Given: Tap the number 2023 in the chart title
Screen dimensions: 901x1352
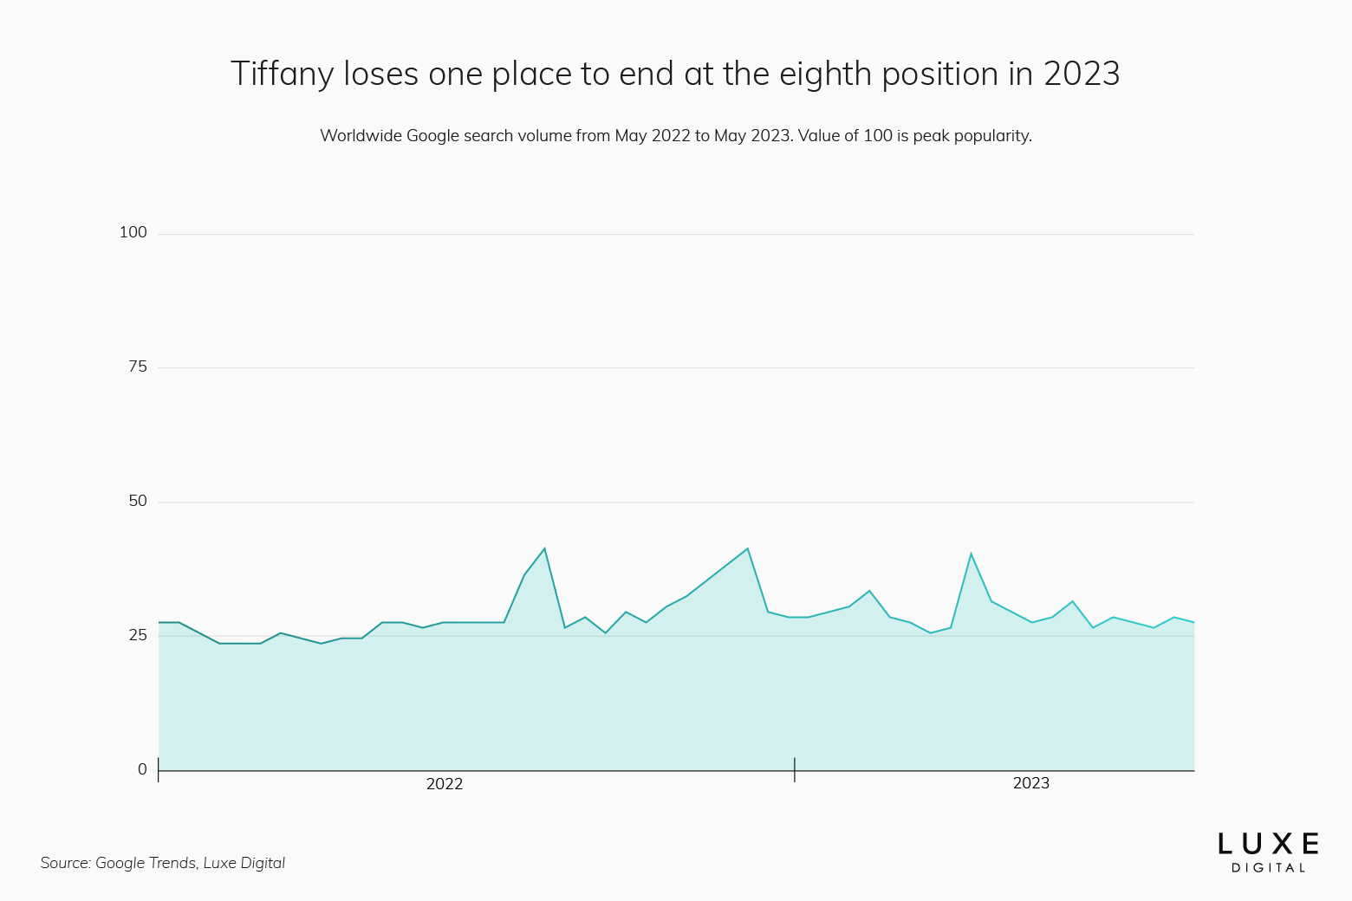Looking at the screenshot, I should [1082, 75].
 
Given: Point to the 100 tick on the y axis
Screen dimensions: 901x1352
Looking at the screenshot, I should [133, 232].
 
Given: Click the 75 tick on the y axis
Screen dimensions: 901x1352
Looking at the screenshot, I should [138, 366].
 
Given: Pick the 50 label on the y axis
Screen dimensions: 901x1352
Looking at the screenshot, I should [138, 501].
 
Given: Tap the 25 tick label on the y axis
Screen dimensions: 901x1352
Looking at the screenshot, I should [138, 635].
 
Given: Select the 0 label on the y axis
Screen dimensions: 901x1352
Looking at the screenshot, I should [142, 769].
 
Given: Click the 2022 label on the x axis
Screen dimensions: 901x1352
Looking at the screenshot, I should [445, 784].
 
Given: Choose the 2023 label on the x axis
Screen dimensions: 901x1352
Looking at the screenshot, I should [1030, 783].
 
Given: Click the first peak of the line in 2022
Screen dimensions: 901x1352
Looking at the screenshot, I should [544, 548].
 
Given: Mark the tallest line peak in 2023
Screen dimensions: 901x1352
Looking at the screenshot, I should [971, 554].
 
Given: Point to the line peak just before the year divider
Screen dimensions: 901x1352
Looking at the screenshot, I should [747, 548].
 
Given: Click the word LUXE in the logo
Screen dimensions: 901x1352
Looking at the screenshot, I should [1268, 844].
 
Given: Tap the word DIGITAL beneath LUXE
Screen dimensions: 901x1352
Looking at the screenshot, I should [1268, 868].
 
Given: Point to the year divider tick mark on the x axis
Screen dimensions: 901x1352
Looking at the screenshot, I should [795, 769].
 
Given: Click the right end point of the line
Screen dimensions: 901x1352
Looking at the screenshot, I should [1194, 622].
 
